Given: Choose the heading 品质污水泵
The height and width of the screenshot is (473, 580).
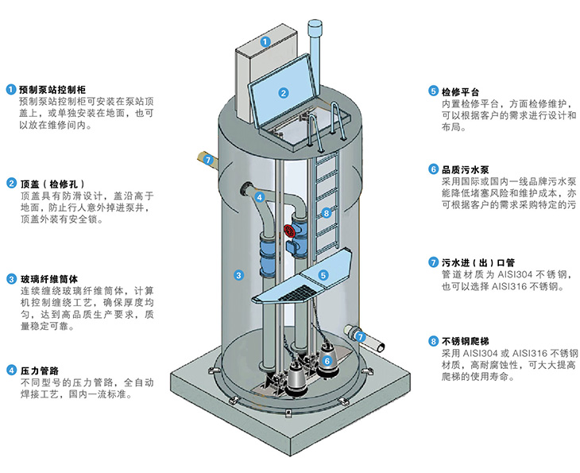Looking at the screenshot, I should pos(467,169).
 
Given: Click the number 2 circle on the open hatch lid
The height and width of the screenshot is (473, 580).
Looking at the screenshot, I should pos(283,92).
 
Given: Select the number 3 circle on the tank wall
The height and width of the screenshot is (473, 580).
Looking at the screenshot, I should pos(238,275).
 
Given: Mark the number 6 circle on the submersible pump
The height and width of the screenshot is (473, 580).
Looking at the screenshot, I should pos(327,361).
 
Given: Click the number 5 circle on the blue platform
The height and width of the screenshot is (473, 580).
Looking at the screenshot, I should pos(323,274).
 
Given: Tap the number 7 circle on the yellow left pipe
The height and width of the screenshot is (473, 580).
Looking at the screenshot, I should pos(207,160).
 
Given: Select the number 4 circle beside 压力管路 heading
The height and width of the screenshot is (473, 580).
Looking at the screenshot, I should pos(11,370).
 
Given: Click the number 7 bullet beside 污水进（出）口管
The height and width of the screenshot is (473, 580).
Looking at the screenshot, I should pos(433,262).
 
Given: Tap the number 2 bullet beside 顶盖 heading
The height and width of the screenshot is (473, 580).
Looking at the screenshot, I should pos(11,184).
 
